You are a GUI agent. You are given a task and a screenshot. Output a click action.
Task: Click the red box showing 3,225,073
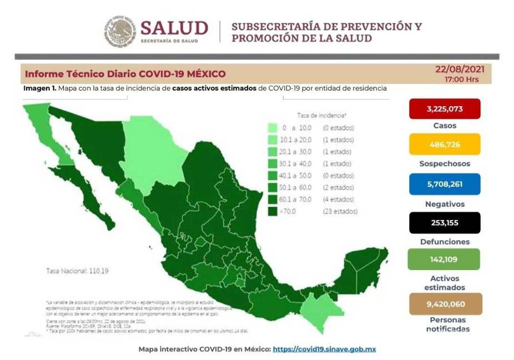[445, 109]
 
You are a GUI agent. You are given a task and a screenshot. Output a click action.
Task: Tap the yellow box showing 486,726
[445, 144]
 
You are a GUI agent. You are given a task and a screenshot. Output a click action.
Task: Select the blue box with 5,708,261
[445, 184]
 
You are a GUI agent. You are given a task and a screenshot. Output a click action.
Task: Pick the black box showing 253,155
[445, 223]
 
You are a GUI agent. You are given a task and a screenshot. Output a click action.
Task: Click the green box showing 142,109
[445, 259]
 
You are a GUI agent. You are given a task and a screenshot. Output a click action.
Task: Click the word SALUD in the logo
[174, 28]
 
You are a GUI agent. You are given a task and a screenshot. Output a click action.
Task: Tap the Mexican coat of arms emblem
[119, 31]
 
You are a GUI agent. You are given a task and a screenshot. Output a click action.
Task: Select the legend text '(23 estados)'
[340, 211]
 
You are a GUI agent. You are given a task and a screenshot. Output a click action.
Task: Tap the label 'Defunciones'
[445, 242]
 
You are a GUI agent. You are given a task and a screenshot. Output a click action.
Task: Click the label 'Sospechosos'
[445, 164]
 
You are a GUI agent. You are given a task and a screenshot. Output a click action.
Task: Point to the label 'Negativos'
[445, 204]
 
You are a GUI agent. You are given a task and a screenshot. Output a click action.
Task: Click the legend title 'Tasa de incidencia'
[321, 116]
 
